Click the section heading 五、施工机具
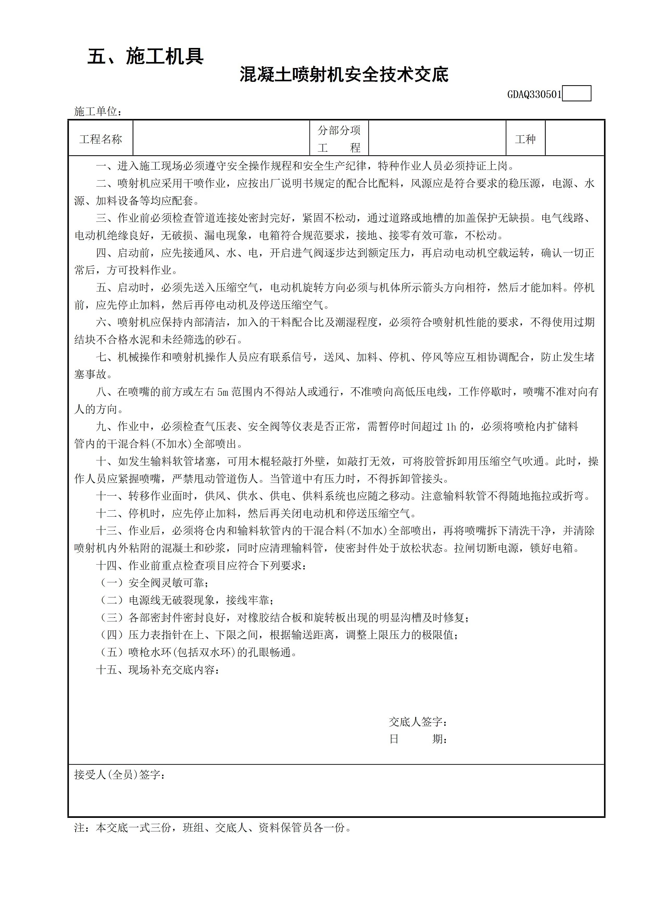coord(145,57)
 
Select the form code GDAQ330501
coord(534,94)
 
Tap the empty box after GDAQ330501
coord(576,94)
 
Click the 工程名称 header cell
coord(101,139)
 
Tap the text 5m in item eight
coord(222,392)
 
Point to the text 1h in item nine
coord(451,427)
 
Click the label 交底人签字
coord(418,722)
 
